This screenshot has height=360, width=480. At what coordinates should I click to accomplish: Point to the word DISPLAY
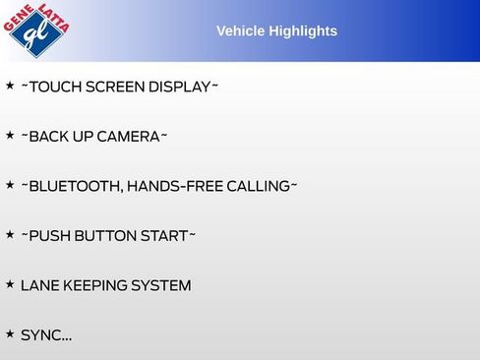pyautogui.click(x=179, y=87)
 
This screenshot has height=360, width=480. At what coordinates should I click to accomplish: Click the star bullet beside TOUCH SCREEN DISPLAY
pyautogui.click(x=10, y=86)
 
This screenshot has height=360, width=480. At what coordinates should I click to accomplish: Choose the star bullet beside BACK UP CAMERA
pyautogui.click(x=10, y=135)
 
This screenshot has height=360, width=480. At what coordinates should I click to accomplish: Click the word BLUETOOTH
pyautogui.click(x=75, y=186)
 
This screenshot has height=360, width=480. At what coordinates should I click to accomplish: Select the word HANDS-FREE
pyautogui.click(x=174, y=186)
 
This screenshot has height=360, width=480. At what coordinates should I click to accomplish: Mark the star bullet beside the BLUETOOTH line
pyautogui.click(x=10, y=185)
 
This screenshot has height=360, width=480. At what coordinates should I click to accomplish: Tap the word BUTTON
pyautogui.click(x=106, y=236)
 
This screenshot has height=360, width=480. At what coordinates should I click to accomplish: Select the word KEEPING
pyautogui.click(x=96, y=286)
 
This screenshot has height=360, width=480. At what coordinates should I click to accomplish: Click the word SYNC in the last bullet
pyautogui.click(x=40, y=335)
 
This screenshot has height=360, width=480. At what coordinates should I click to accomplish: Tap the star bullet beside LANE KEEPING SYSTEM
pyautogui.click(x=10, y=284)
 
